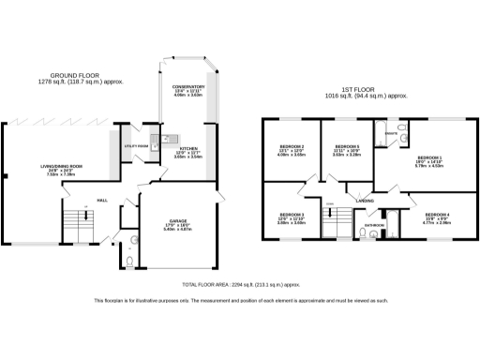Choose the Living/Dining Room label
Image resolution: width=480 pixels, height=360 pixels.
pos(62,166)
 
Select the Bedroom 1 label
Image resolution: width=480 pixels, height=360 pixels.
pos(430,157)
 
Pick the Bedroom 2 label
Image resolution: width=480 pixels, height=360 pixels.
pos(292,147)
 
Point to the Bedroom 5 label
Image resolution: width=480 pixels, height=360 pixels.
pos(347,147)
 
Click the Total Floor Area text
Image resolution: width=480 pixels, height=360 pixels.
pos(240,282)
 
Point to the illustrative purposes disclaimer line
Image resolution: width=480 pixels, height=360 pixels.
pos(240,300)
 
